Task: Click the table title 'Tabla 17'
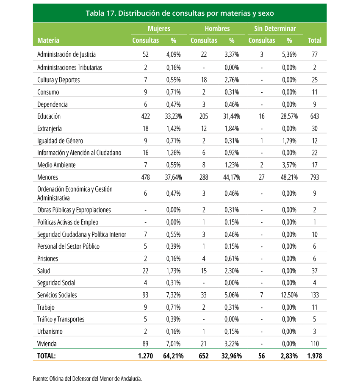pyautogui.click(x=101, y=13)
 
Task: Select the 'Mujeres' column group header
pyautogui.click(x=159, y=28)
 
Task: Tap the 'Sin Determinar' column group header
pyautogui.click(x=275, y=28)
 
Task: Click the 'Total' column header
pyautogui.click(x=314, y=40)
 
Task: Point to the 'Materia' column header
pyautogui.click(x=48, y=40)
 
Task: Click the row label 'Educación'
pyautogui.click(x=49, y=116)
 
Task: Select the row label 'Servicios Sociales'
pyautogui.click(x=57, y=295)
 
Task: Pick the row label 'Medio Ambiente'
pyautogui.click(x=56, y=165)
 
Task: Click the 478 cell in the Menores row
pyautogui.click(x=145, y=177)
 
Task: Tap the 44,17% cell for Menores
pyautogui.click(x=232, y=177)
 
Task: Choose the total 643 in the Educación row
pyautogui.click(x=315, y=116)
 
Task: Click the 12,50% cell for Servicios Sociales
pyautogui.click(x=289, y=295)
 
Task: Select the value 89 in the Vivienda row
pyautogui.click(x=145, y=344)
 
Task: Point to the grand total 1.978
pyautogui.click(x=315, y=356)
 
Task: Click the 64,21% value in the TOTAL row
pyautogui.click(x=173, y=356)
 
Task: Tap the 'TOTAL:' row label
pyautogui.click(x=46, y=356)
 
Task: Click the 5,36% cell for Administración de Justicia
pyautogui.click(x=289, y=54)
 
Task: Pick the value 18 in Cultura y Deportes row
pyautogui.click(x=204, y=80)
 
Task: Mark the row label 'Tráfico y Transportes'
pyautogui.click(x=61, y=319)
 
